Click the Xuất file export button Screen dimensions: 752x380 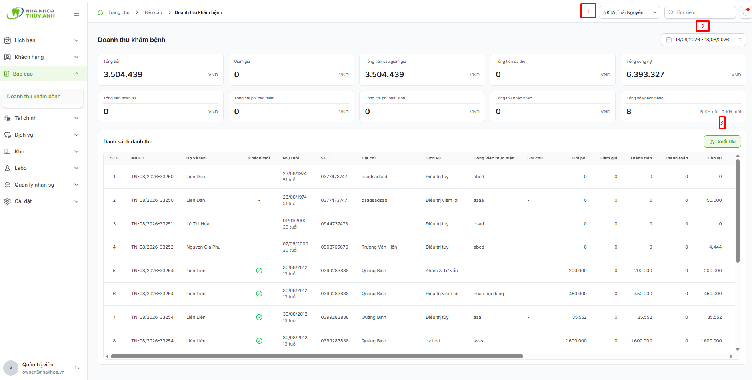click(722, 142)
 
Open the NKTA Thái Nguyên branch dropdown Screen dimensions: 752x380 click(629, 12)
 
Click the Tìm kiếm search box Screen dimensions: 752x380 click(700, 12)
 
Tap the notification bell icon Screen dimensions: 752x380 click(746, 12)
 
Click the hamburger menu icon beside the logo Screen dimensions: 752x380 click(76, 14)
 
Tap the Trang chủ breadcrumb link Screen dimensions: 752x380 click(119, 12)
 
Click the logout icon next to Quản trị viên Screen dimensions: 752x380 click(77, 368)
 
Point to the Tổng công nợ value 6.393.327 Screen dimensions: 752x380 click(645, 74)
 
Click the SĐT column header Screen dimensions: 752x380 click(325, 158)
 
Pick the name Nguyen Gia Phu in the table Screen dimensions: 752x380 click(203, 247)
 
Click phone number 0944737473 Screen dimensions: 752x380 click(334, 224)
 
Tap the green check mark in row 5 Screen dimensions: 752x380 click(259, 271)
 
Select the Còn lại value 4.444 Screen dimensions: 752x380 click(715, 247)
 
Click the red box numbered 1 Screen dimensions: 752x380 click(588, 11)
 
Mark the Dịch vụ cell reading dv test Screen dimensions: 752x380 click(433, 341)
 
